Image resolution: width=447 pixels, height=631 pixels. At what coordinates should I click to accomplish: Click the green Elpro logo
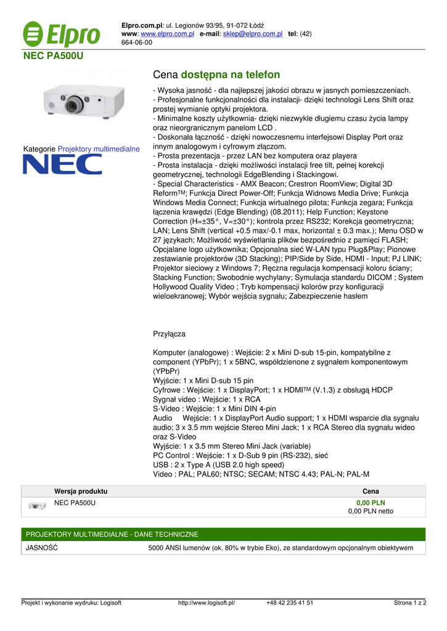pos(62,34)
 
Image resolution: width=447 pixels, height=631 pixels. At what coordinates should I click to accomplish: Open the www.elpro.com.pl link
pos(168,33)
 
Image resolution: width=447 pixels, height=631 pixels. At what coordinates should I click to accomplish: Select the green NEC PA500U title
pos(53,56)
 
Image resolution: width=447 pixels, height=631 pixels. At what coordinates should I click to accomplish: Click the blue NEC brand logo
pos(62,164)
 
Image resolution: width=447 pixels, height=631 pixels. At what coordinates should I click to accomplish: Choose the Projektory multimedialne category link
pos(99,149)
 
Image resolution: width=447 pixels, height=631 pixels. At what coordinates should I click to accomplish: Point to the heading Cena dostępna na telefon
pos(216,75)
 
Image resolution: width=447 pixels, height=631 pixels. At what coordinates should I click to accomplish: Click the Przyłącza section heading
pos(169,333)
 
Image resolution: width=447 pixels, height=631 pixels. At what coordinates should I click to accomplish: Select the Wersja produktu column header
pos(81,491)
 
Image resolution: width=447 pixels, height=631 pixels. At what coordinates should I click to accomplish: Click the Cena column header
pos(371,491)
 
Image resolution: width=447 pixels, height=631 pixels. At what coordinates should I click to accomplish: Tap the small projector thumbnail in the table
pos(37,507)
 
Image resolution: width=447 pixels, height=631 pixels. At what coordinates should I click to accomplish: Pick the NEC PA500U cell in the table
pos(75,503)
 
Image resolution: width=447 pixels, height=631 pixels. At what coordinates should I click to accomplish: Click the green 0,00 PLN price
pos(371,503)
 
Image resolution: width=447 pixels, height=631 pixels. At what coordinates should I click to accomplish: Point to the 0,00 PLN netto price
pos(371,511)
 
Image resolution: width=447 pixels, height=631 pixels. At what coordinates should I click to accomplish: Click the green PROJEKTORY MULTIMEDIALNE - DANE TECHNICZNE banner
pos(112,534)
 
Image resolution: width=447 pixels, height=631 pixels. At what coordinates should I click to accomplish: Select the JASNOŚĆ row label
pos(41,548)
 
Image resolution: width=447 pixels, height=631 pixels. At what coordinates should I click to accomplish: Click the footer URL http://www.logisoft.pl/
pos(207,603)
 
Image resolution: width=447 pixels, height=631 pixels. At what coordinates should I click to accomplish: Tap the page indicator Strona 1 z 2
pos(410,603)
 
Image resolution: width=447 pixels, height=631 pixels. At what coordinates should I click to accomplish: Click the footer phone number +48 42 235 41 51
pos(290,603)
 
